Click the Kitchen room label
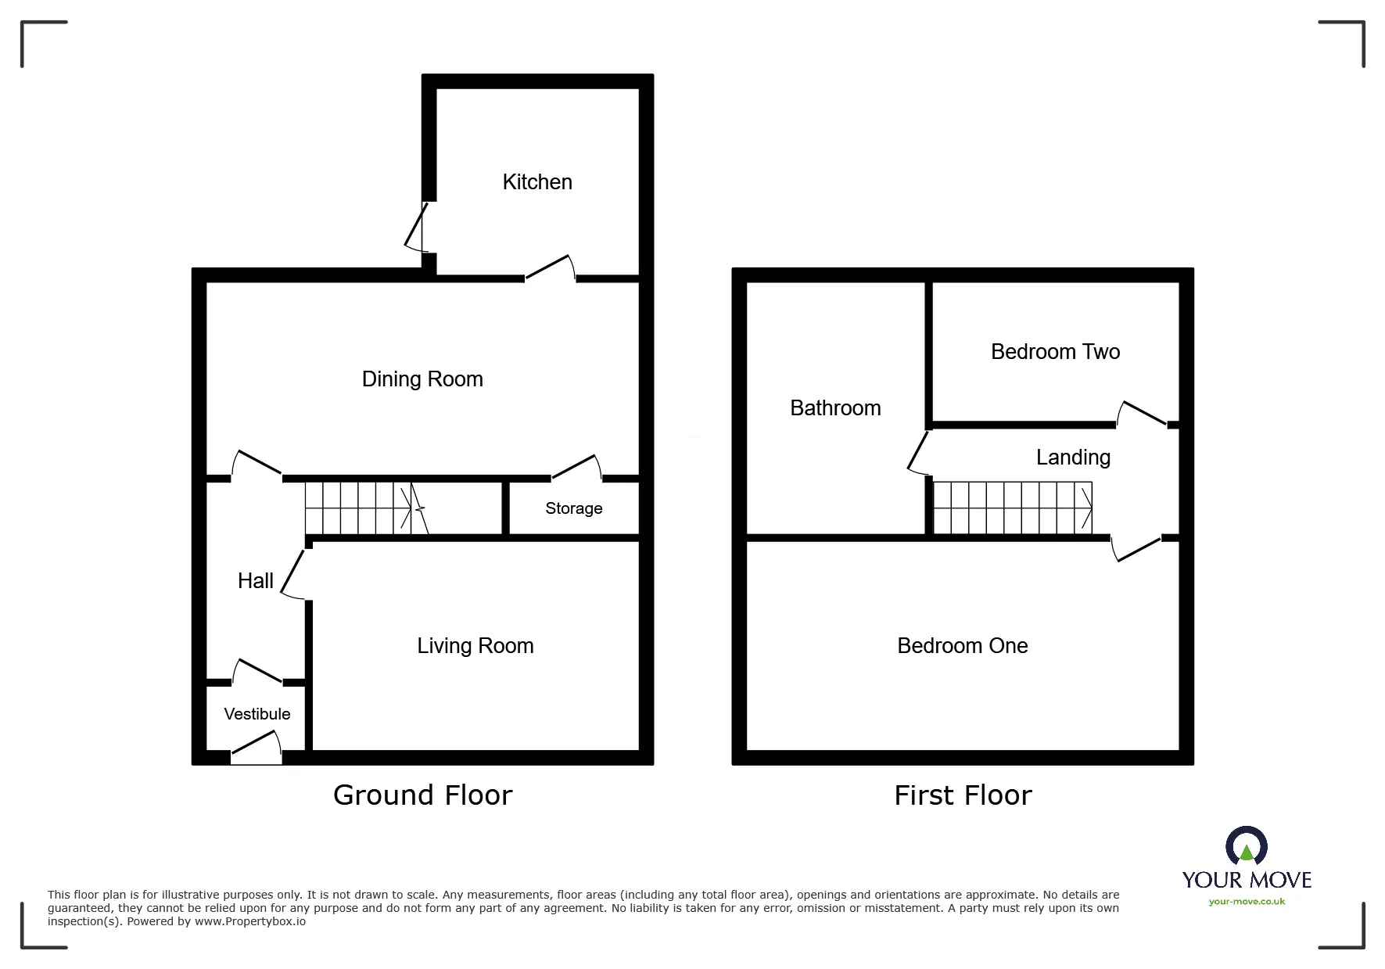537,182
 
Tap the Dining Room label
422,379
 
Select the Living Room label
475,646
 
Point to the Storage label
574,508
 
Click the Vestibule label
257,714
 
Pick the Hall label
256,580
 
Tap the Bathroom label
835,408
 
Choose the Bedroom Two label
1055,352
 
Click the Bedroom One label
963,646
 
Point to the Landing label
1073,458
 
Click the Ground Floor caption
423,795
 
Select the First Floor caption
963,795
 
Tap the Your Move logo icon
1246,847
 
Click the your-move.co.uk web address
1247,902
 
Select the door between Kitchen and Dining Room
551,267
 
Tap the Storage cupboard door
577,467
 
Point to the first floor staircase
1013,508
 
